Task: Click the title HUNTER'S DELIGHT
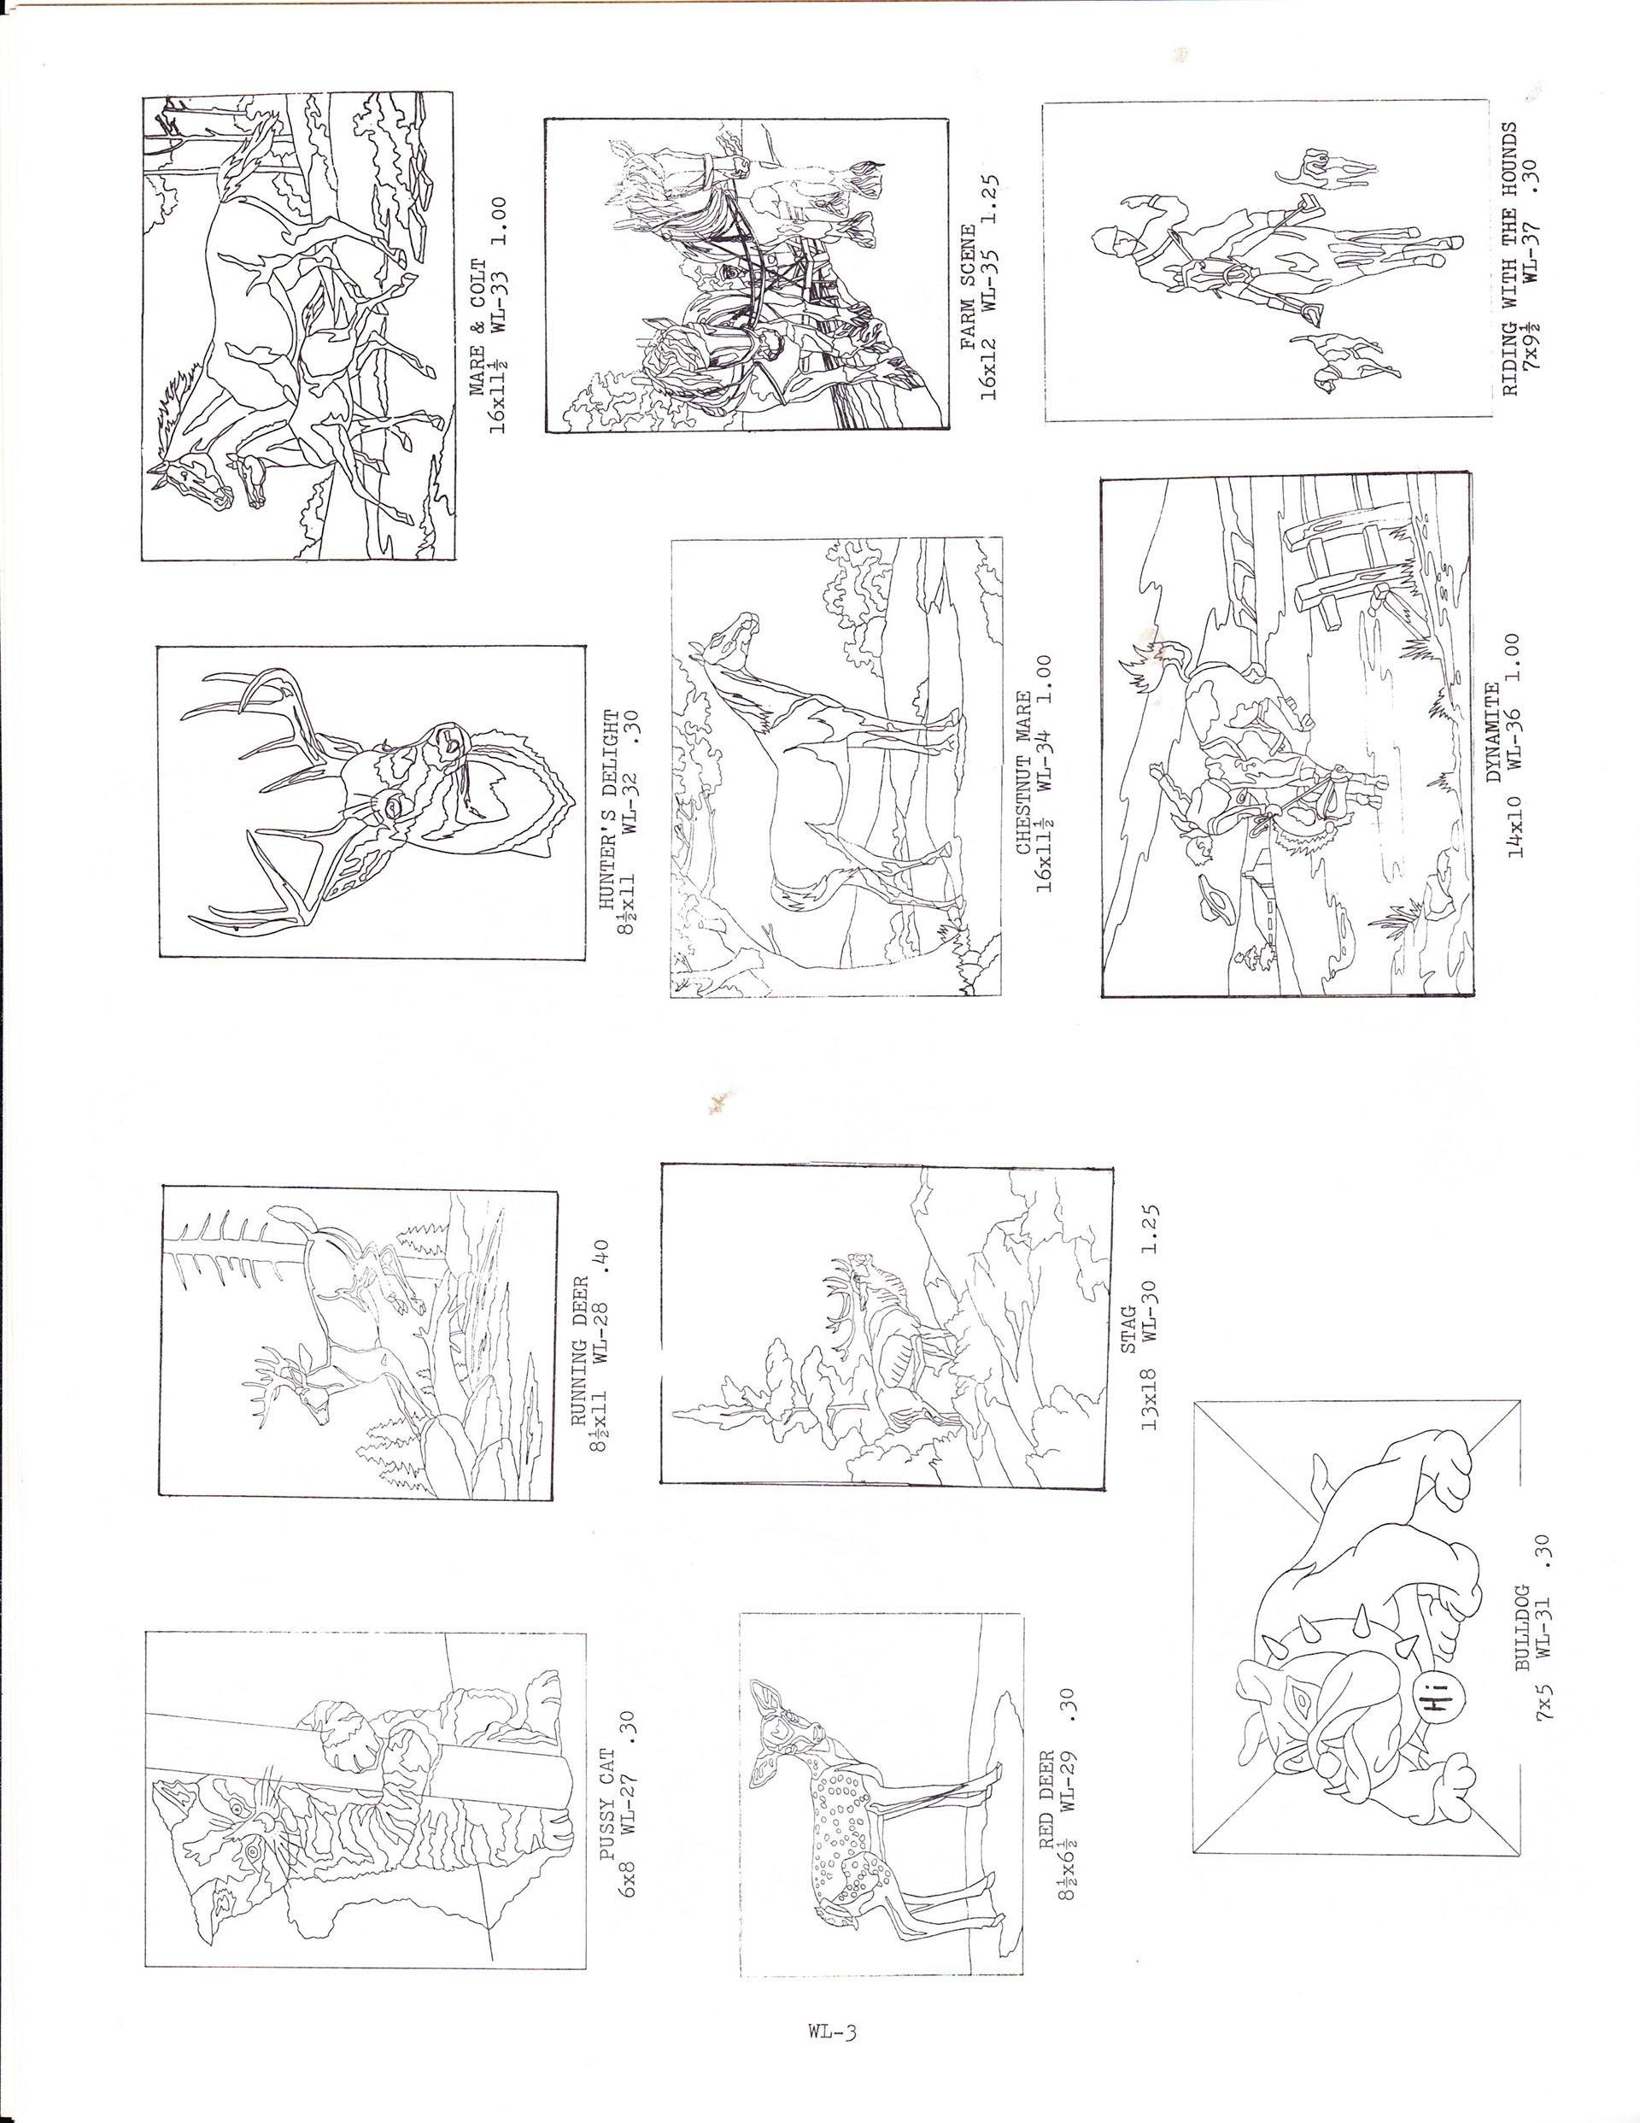(611, 814)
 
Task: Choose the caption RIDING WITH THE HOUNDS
(1509, 258)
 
